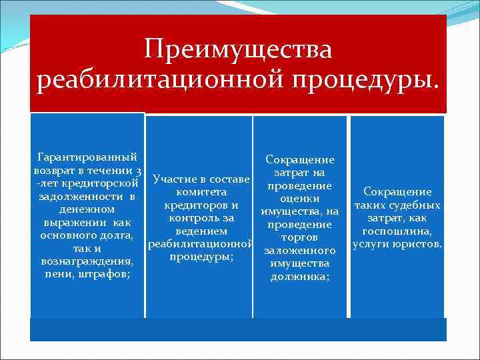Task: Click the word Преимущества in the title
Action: [238, 49]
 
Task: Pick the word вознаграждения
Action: [87, 261]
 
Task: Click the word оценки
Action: [299, 198]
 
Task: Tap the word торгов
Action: [299, 237]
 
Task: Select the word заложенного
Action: [299, 251]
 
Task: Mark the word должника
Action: [299, 277]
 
